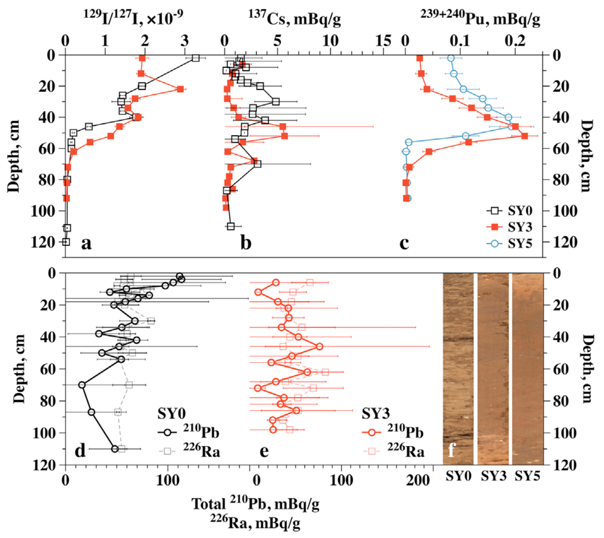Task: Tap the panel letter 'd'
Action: [80, 450]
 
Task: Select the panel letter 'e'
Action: [264, 450]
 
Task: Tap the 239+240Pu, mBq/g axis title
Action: [480, 18]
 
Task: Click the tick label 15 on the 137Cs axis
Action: [384, 41]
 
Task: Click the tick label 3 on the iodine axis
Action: [185, 41]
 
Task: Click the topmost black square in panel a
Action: [195, 58]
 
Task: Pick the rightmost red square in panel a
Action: [181, 89]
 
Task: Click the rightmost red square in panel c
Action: [525, 136]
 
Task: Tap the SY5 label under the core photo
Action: [527, 476]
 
